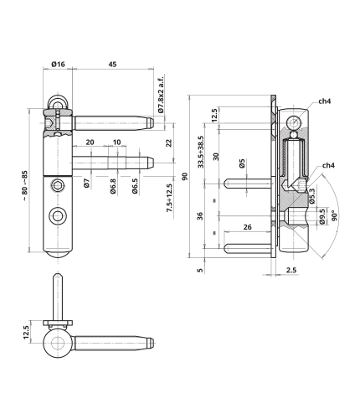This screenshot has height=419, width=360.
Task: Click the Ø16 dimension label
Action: pyautogui.click(x=58, y=65)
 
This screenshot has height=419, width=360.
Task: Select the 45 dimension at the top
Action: pyautogui.click(x=112, y=65)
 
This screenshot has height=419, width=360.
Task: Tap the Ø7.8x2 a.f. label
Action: pyautogui.click(x=161, y=94)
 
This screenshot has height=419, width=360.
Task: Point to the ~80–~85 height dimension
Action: pyautogui.click(x=25, y=186)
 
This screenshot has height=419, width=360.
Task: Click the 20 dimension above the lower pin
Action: pyautogui.click(x=90, y=142)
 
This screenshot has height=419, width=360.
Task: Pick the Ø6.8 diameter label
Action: pyautogui.click(x=113, y=186)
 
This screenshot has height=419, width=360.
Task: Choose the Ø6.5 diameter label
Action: pyautogui.click(x=135, y=186)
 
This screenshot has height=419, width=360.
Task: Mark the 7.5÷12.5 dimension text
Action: pyautogui.click(x=169, y=198)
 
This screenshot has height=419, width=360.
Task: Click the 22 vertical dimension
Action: pyautogui.click(x=169, y=143)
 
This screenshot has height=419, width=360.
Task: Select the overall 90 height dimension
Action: pyautogui.click(x=185, y=177)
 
